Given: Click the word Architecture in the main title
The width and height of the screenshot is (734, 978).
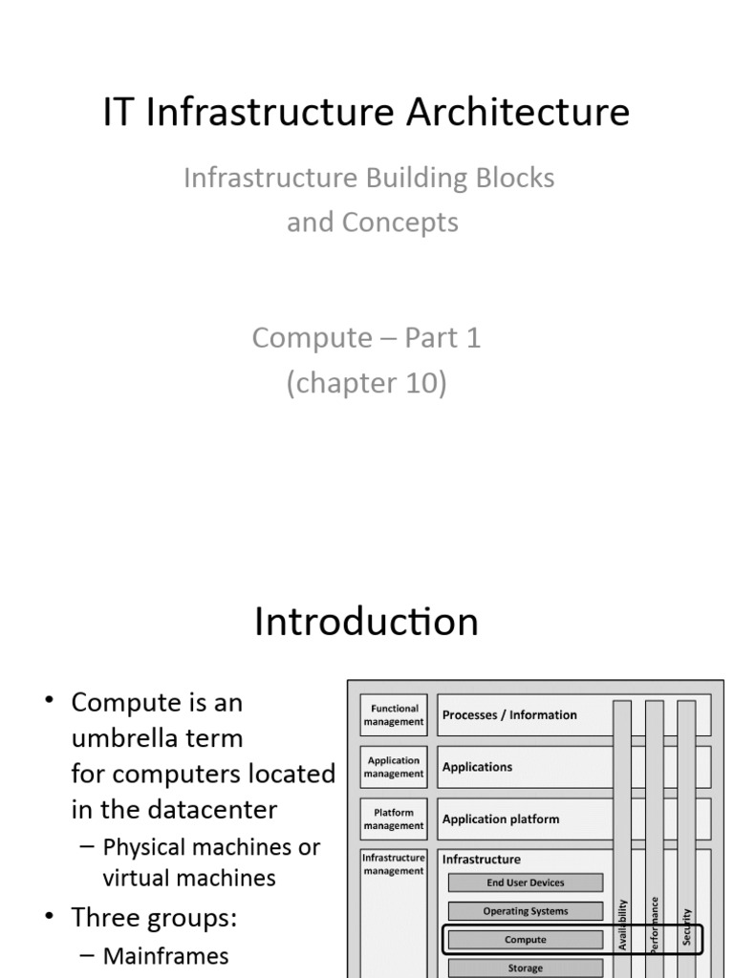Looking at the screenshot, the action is coord(518,113).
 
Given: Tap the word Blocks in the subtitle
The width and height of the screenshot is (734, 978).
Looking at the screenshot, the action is coord(515,178).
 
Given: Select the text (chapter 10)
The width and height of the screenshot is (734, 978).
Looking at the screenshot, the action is coord(367,383).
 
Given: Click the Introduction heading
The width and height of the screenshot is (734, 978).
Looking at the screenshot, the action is coord(366,621).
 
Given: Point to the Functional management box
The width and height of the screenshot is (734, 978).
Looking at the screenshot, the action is coord(394,714).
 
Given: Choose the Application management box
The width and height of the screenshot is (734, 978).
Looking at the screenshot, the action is coord(394,767).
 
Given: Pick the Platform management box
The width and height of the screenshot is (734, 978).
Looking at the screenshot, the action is coord(394,819).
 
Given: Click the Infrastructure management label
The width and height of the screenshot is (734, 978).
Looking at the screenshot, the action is coord(394,864).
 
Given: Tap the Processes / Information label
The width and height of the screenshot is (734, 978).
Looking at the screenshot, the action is coord(509,714).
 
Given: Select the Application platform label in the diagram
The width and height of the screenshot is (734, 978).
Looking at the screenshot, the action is coord(501,819).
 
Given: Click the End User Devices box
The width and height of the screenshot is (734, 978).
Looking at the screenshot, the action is coord(526,882).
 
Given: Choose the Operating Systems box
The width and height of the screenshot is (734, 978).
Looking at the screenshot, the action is coord(526,911).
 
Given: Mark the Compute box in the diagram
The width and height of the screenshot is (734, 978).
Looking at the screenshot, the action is coord(526,940).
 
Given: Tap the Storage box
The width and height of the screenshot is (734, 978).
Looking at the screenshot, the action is coord(526,968).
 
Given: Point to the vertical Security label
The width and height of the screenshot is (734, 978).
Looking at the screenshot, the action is coord(686,926).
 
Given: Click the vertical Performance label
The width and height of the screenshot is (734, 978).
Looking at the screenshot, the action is coord(654,925).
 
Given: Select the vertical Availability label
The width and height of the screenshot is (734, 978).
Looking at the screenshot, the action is coord(622,925).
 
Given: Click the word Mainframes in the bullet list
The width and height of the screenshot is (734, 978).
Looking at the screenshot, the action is coord(165,955).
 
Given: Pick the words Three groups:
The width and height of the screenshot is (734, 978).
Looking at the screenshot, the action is coord(154,918).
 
